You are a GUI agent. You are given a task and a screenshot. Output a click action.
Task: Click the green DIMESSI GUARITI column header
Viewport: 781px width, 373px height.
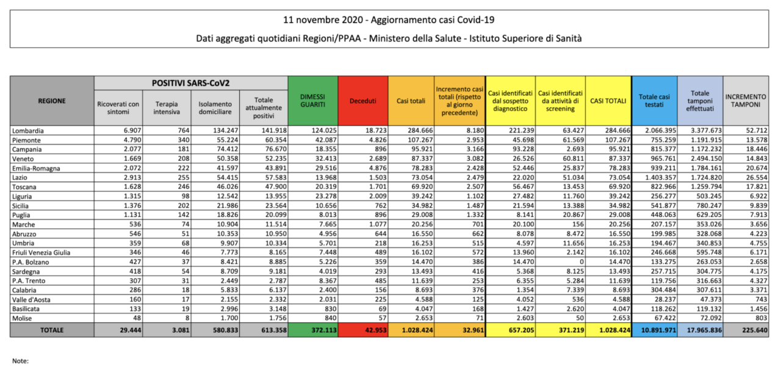pyautogui.click(x=313, y=101)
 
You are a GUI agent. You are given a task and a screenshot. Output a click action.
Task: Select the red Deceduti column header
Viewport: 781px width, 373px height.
pyautogui.click(x=363, y=101)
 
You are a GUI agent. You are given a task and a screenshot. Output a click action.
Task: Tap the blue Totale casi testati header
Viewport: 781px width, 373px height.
pyautogui.click(x=654, y=101)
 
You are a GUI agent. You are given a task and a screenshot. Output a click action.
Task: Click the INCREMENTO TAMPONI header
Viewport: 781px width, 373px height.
pyautogui.click(x=746, y=101)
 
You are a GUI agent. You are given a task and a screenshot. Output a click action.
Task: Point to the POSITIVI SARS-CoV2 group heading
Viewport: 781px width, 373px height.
pyautogui.click(x=191, y=83)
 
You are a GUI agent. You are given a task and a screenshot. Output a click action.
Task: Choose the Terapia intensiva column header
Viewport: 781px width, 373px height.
pyautogui.click(x=167, y=108)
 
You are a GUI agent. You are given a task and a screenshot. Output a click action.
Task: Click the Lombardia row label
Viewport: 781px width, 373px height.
pyautogui.click(x=28, y=131)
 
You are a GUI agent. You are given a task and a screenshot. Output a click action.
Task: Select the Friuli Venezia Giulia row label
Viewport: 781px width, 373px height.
pyautogui.click(x=41, y=252)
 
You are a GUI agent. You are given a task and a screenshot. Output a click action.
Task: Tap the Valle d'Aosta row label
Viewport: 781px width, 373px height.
pyautogui.click(x=31, y=299)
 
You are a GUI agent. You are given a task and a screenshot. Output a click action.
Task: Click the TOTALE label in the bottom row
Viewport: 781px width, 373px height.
pyautogui.click(x=52, y=330)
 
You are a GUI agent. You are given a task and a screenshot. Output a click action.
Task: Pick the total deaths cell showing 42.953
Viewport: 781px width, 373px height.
pyautogui.click(x=376, y=330)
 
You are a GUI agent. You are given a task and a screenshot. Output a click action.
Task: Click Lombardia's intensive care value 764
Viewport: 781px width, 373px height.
pyautogui.click(x=184, y=130)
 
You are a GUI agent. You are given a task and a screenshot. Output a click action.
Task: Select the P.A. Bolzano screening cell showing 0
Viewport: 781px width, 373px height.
pyautogui.click(x=581, y=262)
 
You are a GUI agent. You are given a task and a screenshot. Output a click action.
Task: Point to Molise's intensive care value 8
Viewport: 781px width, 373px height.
pyautogui.click(x=187, y=318)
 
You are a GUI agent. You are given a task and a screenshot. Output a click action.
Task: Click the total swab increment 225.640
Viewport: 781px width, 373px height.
pyautogui.click(x=755, y=330)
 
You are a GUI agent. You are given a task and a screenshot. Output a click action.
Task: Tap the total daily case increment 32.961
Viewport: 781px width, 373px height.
pyautogui.click(x=473, y=330)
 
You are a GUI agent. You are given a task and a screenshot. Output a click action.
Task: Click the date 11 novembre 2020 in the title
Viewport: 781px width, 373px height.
pyautogui.click(x=323, y=20)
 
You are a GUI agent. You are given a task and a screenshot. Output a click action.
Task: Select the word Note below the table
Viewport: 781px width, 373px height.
pyautogui.click(x=20, y=361)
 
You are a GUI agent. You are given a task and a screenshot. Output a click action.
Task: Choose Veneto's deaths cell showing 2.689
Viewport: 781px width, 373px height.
pyautogui.click(x=378, y=159)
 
